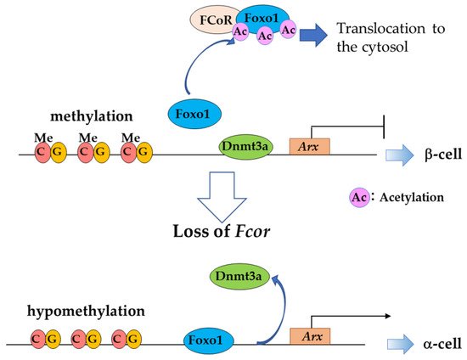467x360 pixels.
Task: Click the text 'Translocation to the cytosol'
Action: click(374, 37)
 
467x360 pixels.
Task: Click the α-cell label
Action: click(439, 345)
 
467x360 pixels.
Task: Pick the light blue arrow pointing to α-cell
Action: click(393, 345)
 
